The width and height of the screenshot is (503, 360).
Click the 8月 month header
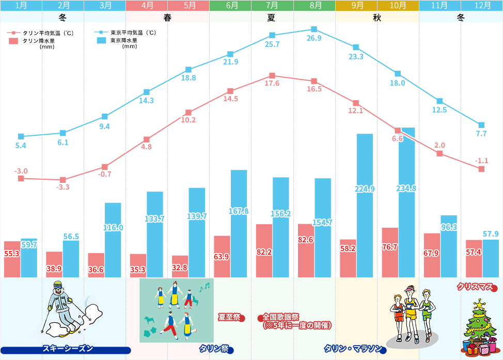(314, 6)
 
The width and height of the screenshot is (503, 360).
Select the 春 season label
(167, 17)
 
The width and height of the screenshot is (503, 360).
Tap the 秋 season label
(377, 17)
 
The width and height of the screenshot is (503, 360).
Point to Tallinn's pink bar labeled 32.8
(180, 266)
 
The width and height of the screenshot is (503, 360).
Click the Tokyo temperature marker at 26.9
(314, 29)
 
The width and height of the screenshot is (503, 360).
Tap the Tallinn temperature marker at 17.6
(272, 76)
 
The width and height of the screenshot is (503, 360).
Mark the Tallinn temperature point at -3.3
(63, 180)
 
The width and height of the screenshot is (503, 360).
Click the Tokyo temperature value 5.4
(21, 146)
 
